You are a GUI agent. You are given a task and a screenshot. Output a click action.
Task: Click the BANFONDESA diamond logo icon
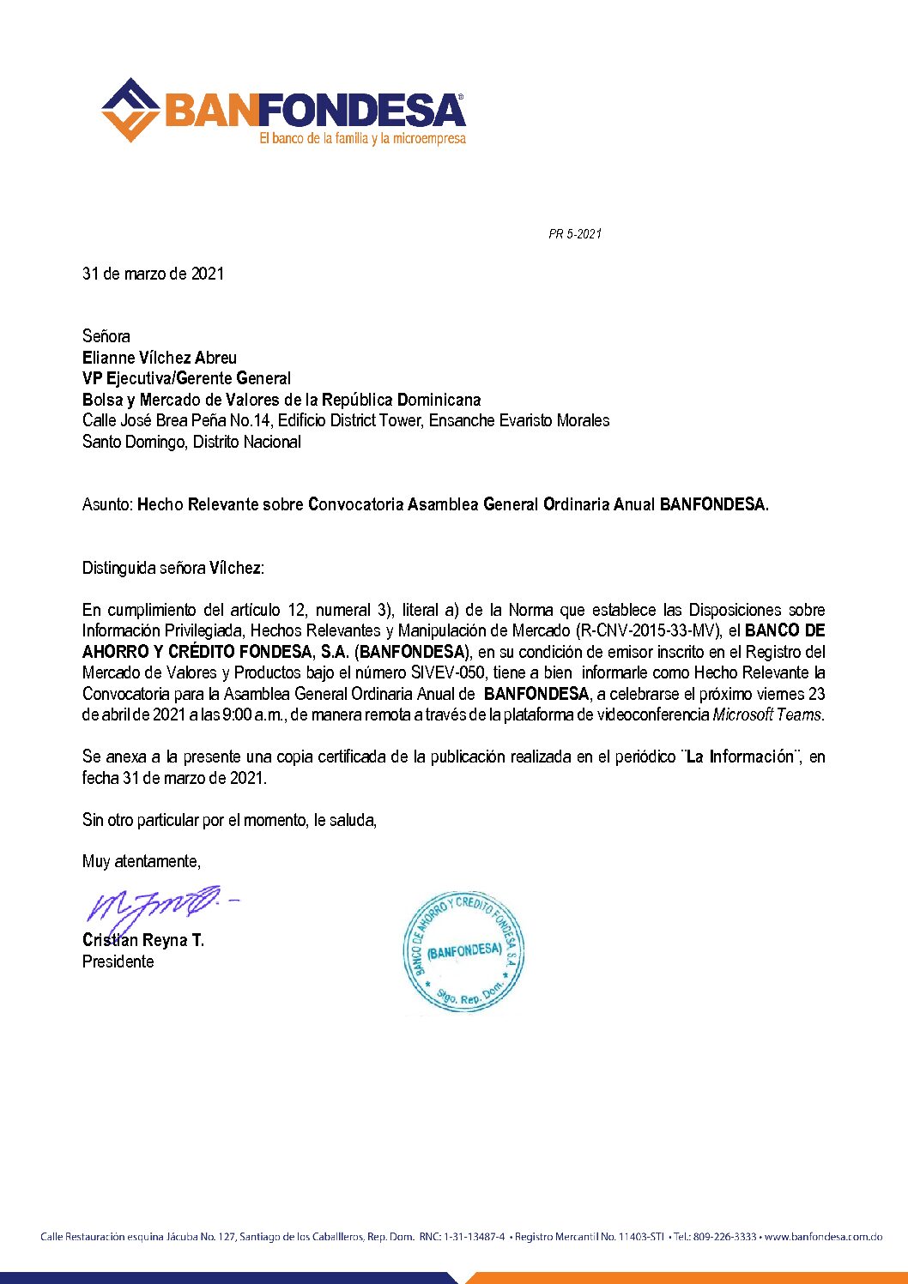(x=130, y=110)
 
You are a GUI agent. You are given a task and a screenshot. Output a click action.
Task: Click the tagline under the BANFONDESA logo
(x=362, y=138)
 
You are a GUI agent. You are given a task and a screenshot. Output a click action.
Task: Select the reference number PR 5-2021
(x=575, y=234)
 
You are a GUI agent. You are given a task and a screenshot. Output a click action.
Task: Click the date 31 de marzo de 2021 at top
(x=153, y=274)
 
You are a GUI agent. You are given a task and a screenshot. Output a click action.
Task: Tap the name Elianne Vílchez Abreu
(x=160, y=358)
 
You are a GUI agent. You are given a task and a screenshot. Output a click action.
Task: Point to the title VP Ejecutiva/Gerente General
(x=186, y=378)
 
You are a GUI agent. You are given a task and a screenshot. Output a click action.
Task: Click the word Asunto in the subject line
(x=106, y=504)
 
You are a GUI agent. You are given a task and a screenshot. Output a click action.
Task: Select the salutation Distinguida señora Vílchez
(x=173, y=568)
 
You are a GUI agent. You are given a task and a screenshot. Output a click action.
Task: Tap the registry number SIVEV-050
(x=448, y=672)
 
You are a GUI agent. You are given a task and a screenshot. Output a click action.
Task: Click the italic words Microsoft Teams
(x=767, y=714)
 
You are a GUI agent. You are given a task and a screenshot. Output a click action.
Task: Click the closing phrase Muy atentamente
(x=142, y=861)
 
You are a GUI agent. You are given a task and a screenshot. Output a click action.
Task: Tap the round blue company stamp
(x=463, y=951)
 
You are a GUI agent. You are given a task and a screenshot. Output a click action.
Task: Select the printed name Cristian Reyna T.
(x=143, y=940)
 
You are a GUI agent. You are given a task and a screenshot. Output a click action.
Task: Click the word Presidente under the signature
(x=118, y=961)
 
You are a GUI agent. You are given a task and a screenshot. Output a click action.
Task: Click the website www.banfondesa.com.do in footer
(x=824, y=1237)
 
